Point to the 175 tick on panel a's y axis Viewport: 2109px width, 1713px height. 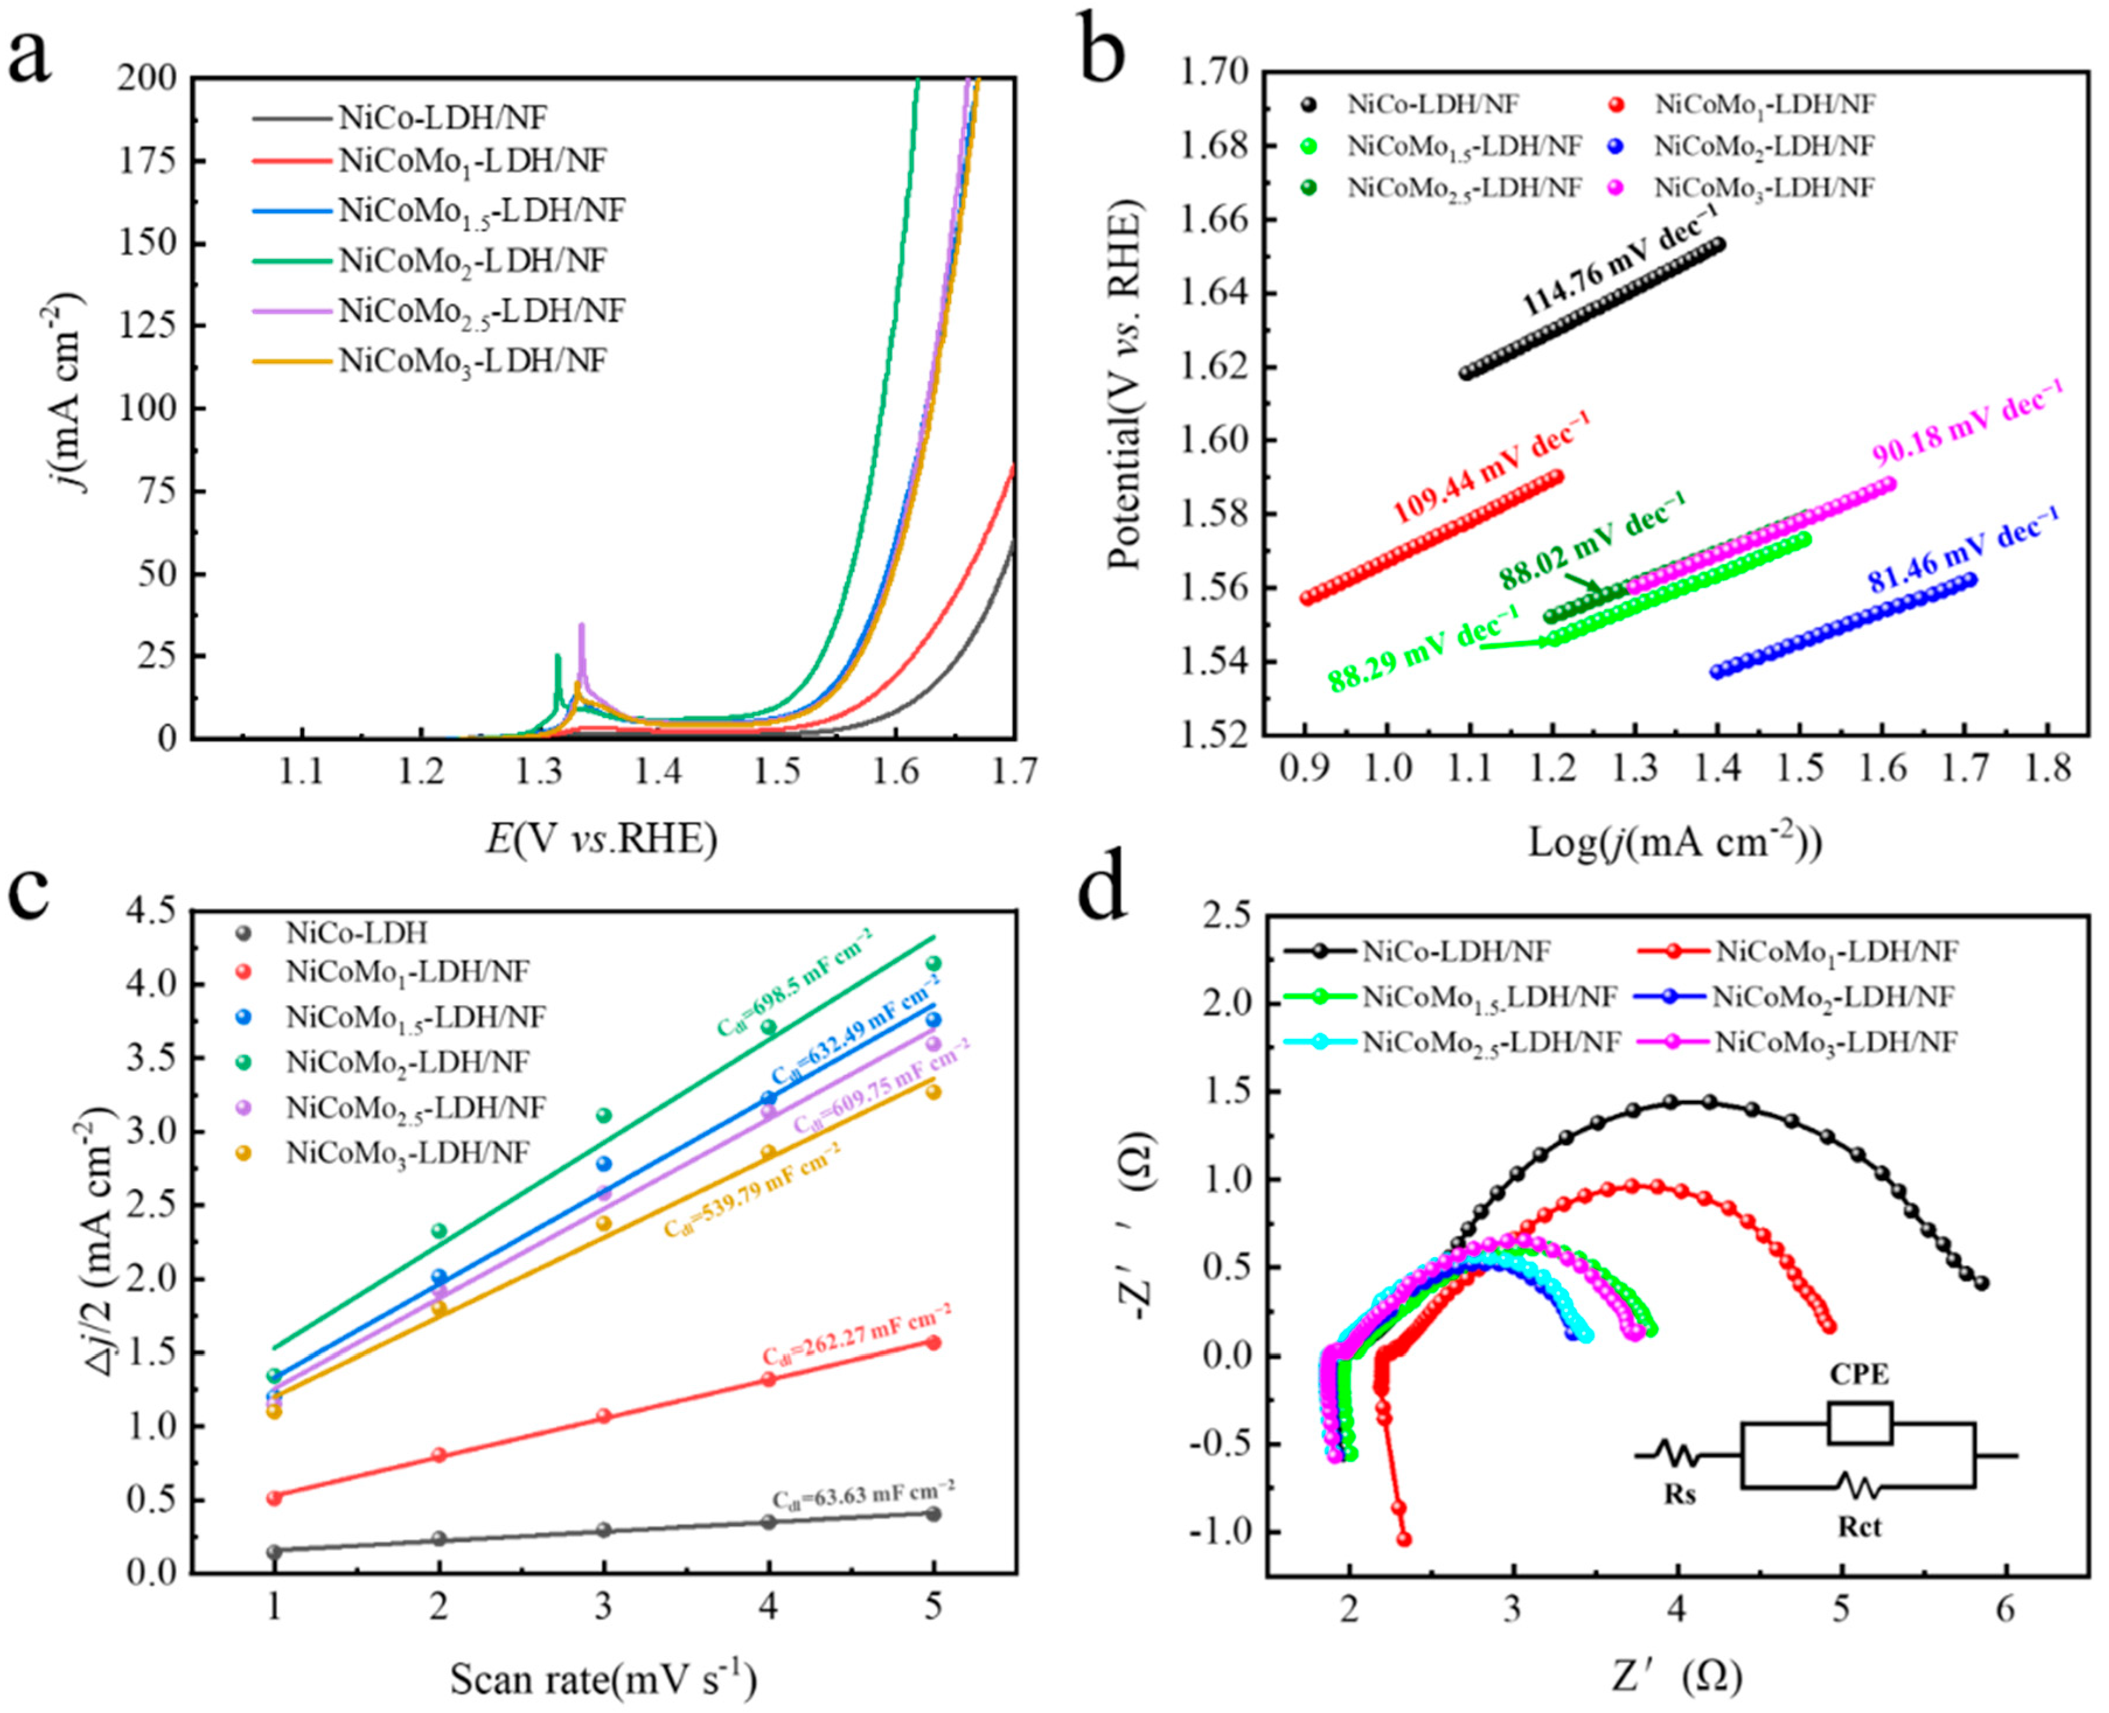pyautogui.click(x=149, y=161)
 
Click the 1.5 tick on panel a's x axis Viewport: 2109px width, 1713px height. pyautogui.click(x=778, y=770)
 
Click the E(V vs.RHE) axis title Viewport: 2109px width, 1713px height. pyautogui.click(x=602, y=839)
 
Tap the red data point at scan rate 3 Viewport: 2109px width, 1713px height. pyautogui.click(x=604, y=1416)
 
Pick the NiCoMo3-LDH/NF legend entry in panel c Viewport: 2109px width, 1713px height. pyautogui.click(x=407, y=1153)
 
